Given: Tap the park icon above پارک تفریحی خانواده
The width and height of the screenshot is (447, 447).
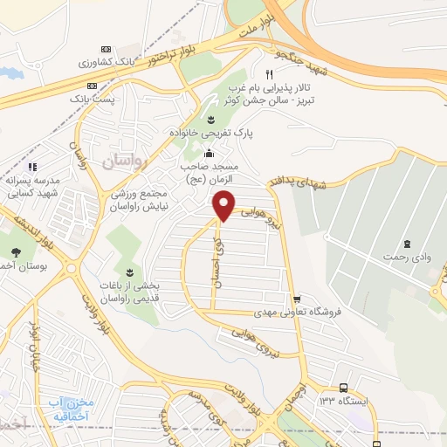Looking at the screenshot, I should (210, 119).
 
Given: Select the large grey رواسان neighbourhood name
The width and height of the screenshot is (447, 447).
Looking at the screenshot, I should (127, 162).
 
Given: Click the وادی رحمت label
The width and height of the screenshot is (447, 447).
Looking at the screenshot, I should (406, 258).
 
